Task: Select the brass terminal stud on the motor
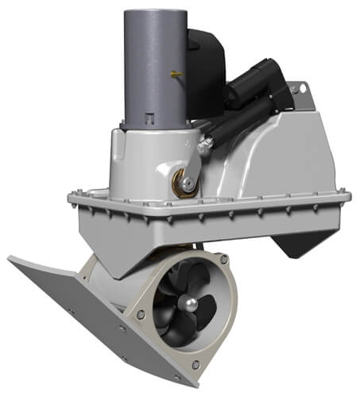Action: (175, 75)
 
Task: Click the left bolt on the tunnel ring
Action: (141, 315)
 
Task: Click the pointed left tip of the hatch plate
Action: (10, 259)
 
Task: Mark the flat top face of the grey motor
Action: (154, 10)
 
